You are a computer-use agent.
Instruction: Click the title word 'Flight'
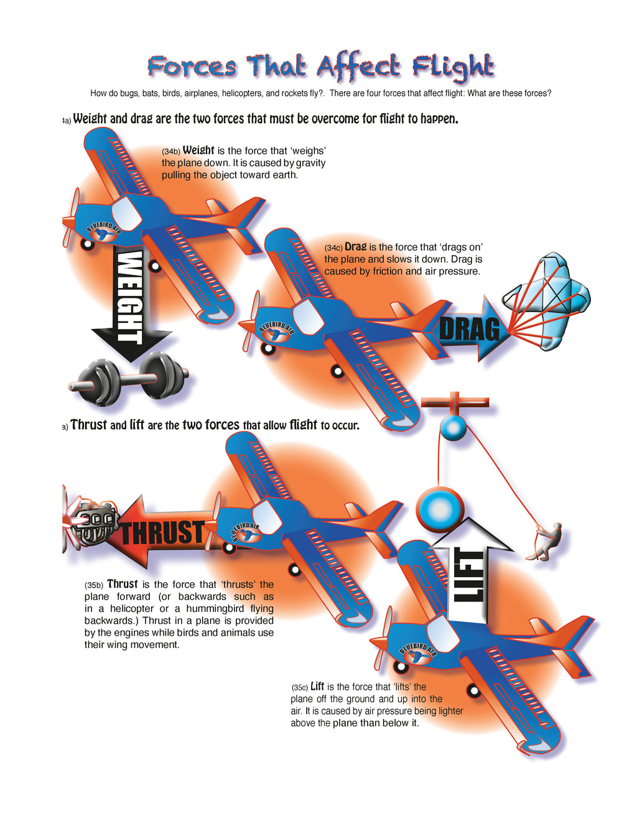[x=453, y=67]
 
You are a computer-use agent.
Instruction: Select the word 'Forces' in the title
[x=192, y=67]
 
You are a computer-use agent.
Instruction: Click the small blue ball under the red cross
[x=453, y=428]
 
